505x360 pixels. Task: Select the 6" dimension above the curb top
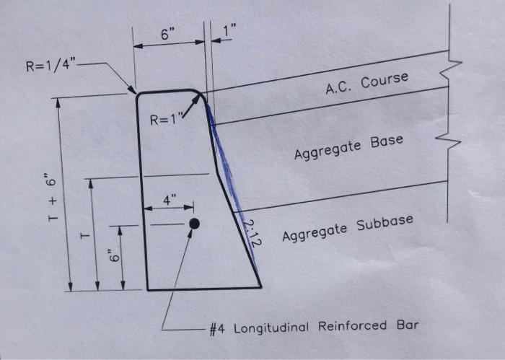167,34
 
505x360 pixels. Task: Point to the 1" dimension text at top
230,31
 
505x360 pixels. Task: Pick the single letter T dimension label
84,236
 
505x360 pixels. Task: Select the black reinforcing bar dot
193,224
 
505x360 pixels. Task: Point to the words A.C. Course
366,84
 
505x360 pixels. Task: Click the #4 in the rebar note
218,328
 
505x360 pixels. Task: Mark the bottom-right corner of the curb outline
260,288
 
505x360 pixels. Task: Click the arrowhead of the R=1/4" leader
134,92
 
